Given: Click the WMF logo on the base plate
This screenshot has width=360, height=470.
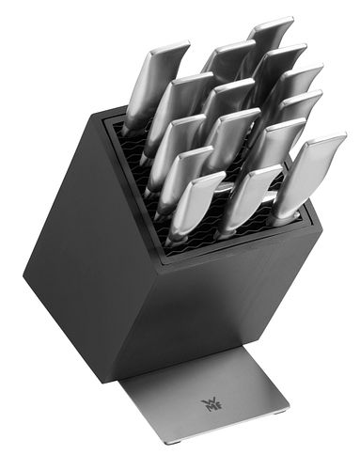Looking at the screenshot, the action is [x=208, y=404].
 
